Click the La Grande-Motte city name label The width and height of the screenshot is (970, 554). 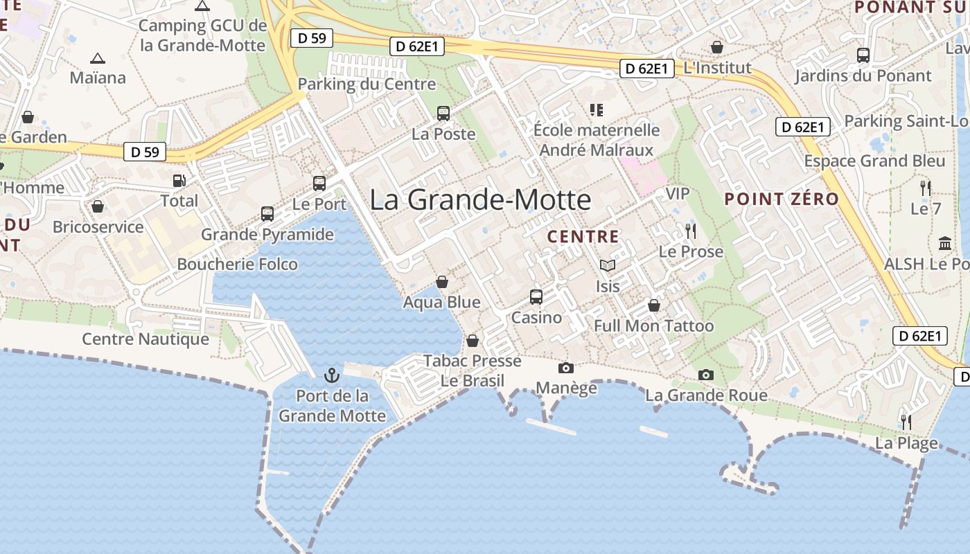pos(480,200)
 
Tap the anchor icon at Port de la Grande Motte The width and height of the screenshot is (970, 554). pos(333,375)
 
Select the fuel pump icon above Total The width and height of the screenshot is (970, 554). pos(179,181)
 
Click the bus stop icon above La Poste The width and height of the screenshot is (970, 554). pos(443,114)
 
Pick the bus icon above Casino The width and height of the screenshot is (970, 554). pos(536,297)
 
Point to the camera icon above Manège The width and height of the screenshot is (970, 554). pos(566,368)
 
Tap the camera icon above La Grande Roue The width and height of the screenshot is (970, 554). pos(706,375)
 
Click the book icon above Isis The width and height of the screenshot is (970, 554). pos(608,265)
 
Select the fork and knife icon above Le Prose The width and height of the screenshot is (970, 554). pos(690,231)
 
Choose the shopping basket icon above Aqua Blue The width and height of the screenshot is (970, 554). pos(442,282)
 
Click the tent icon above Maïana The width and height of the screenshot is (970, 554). pos(98,58)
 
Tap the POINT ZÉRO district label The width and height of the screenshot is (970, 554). pos(782,199)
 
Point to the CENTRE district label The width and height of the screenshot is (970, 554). pos(583,237)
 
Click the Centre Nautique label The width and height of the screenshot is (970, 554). pos(145,339)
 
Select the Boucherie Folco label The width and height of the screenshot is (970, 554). pos(237,265)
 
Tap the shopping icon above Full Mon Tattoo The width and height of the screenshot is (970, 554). pos(654,305)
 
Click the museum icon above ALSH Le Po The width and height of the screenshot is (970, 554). pos(945,244)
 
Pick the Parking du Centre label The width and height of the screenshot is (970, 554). pos(367,84)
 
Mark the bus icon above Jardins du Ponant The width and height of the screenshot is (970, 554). pos(863,55)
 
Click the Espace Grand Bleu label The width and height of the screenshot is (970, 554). pos(874,161)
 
